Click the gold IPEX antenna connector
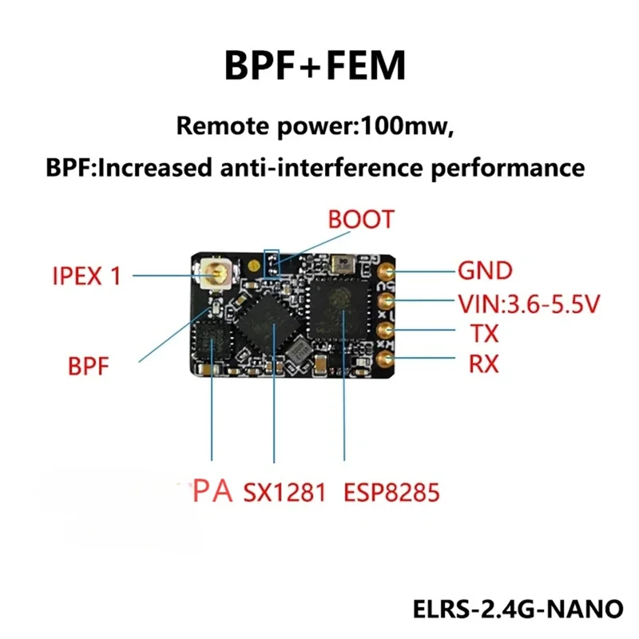point(216,276)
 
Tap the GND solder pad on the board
point(385,271)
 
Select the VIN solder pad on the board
point(385,300)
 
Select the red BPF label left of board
point(87,367)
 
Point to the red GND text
point(484,271)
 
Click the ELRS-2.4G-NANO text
point(517,608)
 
